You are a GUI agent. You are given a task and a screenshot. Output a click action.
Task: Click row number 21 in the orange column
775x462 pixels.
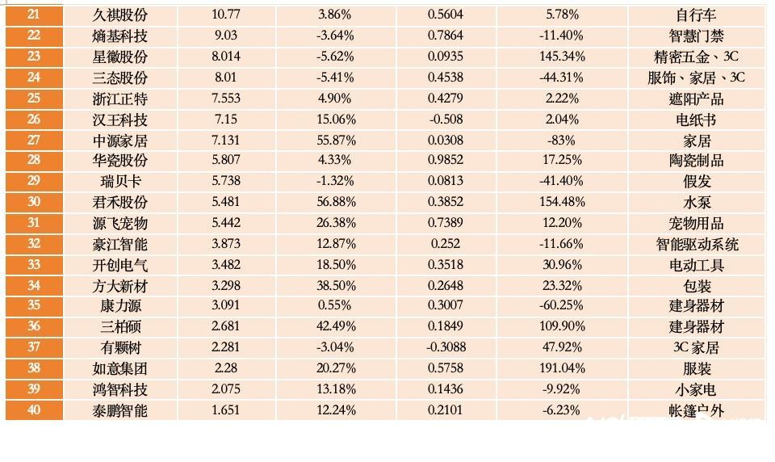(x=34, y=15)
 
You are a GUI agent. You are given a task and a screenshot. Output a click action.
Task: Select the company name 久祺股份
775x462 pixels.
(x=120, y=15)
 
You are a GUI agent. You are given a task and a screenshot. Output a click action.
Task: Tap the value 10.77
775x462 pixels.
(x=226, y=15)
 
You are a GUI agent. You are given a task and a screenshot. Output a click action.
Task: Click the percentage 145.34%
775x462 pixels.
(x=562, y=57)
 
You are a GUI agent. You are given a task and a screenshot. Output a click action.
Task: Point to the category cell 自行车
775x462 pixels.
(x=696, y=15)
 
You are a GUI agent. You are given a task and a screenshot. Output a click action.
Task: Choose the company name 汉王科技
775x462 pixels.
(x=120, y=120)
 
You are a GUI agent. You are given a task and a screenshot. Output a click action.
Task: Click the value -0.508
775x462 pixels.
(x=446, y=120)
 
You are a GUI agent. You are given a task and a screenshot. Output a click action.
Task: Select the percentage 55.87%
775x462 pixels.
(x=336, y=141)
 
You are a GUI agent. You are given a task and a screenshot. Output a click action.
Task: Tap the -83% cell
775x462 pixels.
(x=562, y=141)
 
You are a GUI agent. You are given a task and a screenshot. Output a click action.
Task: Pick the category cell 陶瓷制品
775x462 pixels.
(x=696, y=161)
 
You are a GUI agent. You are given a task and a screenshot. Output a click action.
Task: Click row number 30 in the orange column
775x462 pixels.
(x=34, y=202)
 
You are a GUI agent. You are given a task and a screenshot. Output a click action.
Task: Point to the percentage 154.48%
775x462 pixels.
(x=562, y=202)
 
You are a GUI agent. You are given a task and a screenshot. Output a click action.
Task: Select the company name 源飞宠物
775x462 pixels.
(x=120, y=223)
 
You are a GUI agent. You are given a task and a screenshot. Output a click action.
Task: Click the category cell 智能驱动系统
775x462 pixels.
(x=696, y=244)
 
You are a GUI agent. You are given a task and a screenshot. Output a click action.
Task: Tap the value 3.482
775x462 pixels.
(x=226, y=265)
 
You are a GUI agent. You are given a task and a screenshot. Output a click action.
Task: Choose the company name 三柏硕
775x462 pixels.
(x=120, y=326)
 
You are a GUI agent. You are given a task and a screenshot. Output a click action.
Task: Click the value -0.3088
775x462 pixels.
(x=446, y=347)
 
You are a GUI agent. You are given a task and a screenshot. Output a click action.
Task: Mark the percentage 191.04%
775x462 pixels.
(x=562, y=368)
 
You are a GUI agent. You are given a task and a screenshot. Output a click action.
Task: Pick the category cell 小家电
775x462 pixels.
(x=696, y=389)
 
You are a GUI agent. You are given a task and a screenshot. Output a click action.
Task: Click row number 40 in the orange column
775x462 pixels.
(x=34, y=410)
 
